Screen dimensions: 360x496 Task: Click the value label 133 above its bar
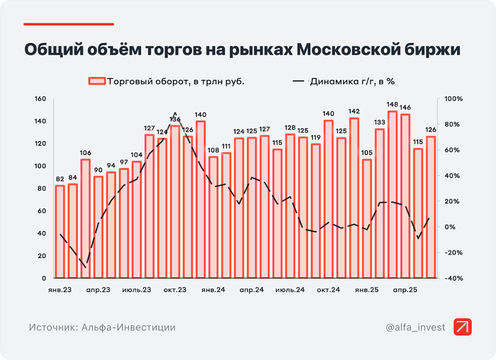coord(380,122)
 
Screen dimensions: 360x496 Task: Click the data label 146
coord(405,108)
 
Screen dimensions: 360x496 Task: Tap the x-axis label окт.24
coord(328,290)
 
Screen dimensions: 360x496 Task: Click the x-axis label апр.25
coord(405,290)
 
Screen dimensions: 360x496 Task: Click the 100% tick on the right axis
coord(453,99)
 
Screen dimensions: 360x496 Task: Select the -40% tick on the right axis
coord(453,278)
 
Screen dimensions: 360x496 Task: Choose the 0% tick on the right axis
coord(450,227)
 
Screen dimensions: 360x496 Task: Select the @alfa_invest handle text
coord(415,327)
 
